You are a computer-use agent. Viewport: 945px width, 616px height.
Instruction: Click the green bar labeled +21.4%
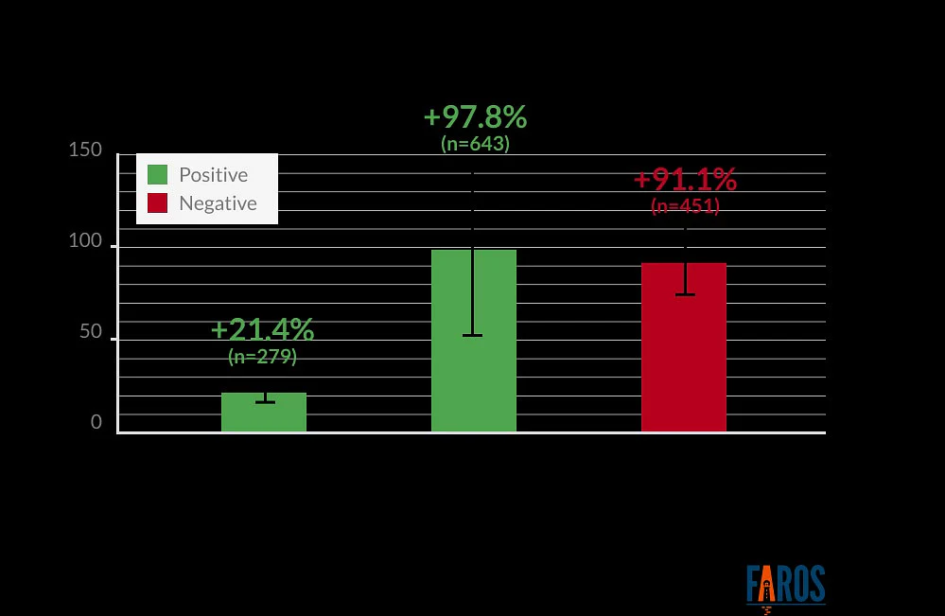coord(264,413)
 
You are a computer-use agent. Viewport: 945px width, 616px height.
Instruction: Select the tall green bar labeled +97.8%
coord(474,341)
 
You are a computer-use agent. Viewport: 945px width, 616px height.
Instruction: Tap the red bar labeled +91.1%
coord(683,347)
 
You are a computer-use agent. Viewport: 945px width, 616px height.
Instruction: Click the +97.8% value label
coord(476,117)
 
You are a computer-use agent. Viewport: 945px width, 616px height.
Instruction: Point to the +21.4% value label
coord(263,329)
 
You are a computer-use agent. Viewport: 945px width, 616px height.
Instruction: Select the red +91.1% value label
coord(685,179)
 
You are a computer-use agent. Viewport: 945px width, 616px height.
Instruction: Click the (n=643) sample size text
coord(476,144)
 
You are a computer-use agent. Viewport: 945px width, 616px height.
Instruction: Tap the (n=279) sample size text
coord(263,356)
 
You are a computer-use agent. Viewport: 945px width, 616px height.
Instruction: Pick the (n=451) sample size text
coord(685,206)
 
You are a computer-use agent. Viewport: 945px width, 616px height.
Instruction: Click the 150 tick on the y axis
coord(85,150)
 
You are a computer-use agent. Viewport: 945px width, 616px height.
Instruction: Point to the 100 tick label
coord(85,240)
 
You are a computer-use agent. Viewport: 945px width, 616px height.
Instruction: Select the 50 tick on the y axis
coord(91,331)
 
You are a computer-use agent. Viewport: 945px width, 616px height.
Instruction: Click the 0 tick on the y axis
coord(96,422)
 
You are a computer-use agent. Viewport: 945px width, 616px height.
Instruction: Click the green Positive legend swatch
coord(157,175)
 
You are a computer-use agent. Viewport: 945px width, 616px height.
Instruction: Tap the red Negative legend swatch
coord(157,203)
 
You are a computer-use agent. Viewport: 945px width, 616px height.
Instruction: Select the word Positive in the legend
coord(214,175)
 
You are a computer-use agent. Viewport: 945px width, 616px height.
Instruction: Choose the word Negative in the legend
coord(218,203)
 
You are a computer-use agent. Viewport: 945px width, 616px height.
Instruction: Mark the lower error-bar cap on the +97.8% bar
coord(473,335)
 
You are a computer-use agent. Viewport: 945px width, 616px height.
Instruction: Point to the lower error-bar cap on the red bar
coord(685,294)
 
